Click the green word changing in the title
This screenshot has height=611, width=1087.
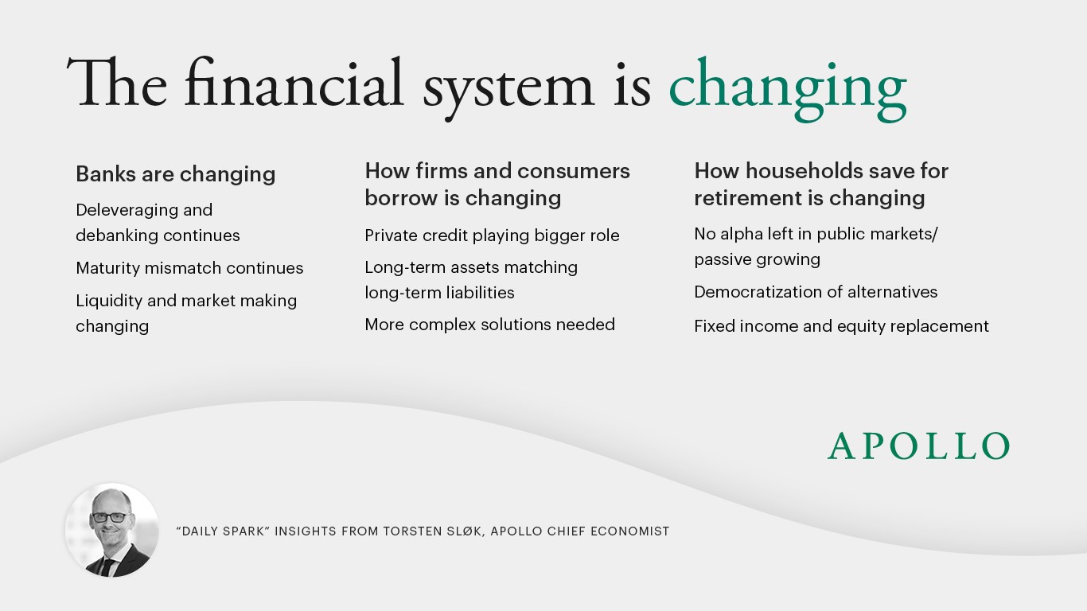pos(788,89)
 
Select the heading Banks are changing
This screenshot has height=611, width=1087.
pos(176,173)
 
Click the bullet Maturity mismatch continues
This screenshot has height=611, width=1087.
pos(189,268)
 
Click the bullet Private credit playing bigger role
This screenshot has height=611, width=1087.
pos(492,235)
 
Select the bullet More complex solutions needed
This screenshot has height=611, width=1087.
pos(489,324)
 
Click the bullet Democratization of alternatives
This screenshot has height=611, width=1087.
pos(816,292)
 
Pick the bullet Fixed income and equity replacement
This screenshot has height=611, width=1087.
pos(841,325)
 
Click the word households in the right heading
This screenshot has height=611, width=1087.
pos(804,171)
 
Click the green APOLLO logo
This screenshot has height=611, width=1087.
pos(918,446)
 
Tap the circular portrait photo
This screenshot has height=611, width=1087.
pos(111,530)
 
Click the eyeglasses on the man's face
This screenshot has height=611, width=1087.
pos(109,517)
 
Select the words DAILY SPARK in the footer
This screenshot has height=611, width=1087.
pos(223,531)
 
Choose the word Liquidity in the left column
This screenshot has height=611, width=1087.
pos(109,301)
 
